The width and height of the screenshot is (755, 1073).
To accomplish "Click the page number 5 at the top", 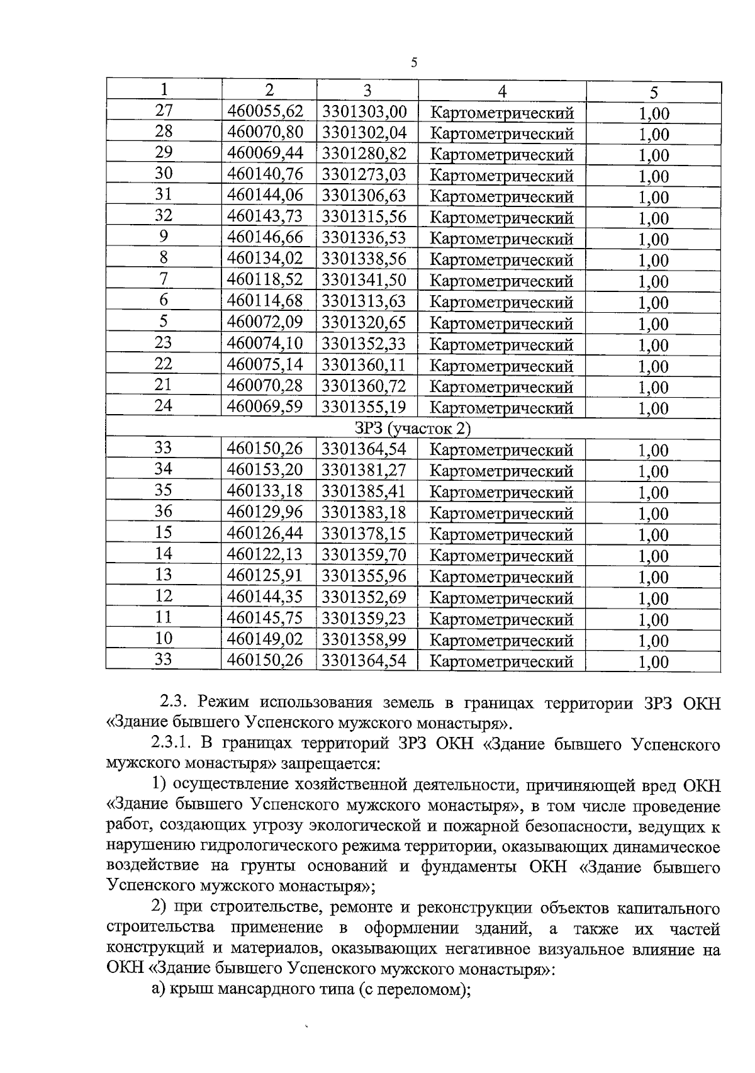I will click(x=413, y=62).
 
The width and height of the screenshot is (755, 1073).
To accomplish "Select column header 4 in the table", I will click(x=501, y=91).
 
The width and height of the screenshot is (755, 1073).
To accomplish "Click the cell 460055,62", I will click(x=265, y=111).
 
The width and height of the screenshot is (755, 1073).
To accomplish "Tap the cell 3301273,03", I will click(x=364, y=174).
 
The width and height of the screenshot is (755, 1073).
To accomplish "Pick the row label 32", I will click(x=164, y=216).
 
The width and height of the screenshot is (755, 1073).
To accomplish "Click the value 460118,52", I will click(x=265, y=279).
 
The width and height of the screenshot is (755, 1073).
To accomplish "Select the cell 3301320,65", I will click(x=364, y=322).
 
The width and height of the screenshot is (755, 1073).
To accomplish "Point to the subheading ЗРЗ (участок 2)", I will click(x=413, y=429).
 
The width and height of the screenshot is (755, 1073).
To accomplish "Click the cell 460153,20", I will click(x=265, y=469).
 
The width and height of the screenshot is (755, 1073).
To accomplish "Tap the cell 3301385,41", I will click(x=364, y=491).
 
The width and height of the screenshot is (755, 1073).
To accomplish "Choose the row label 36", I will click(x=164, y=512).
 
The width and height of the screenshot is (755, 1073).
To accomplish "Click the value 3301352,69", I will click(x=364, y=597).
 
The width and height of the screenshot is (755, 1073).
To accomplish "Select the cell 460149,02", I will click(x=265, y=639).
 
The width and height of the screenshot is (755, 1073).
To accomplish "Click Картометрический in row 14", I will click(x=501, y=556).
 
